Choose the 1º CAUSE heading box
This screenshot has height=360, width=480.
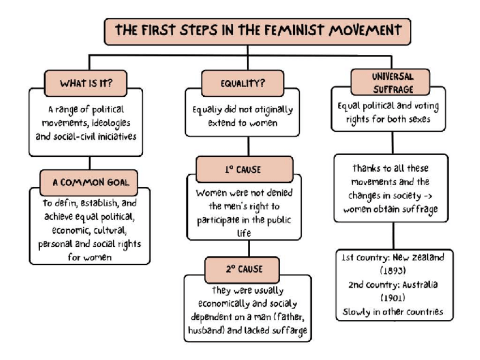click(x=244, y=169)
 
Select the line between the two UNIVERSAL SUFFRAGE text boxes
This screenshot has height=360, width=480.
click(x=393, y=142)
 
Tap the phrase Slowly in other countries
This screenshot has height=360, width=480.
click(x=393, y=311)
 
